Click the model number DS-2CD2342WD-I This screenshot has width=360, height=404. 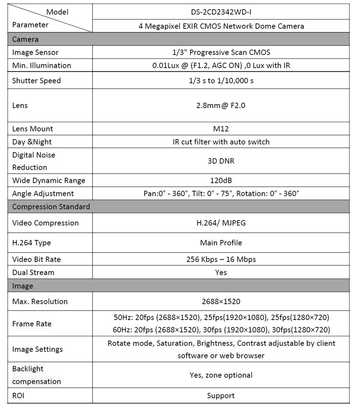(221, 12)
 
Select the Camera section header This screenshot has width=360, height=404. (25, 39)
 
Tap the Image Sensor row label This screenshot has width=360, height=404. (35, 52)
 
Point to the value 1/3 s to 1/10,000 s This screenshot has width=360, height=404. (221, 81)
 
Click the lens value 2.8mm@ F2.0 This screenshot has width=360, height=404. (221, 106)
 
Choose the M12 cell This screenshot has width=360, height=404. (221, 129)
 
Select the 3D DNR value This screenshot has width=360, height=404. (221, 161)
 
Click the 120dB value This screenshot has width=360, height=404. (221, 181)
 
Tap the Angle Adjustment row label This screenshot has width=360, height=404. (43, 194)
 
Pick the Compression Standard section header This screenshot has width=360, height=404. (51, 207)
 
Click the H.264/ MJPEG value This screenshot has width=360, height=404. (221, 223)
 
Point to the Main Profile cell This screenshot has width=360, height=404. (221, 243)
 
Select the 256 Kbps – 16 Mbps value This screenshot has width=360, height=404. (221, 259)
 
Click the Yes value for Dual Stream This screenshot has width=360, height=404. (221, 272)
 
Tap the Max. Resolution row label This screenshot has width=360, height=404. (40, 302)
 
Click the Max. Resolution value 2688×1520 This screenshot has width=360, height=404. (221, 302)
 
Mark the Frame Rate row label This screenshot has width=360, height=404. (32, 324)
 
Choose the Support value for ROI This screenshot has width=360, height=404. (221, 396)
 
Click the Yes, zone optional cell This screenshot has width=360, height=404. (221, 375)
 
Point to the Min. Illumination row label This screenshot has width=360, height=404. (41, 66)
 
